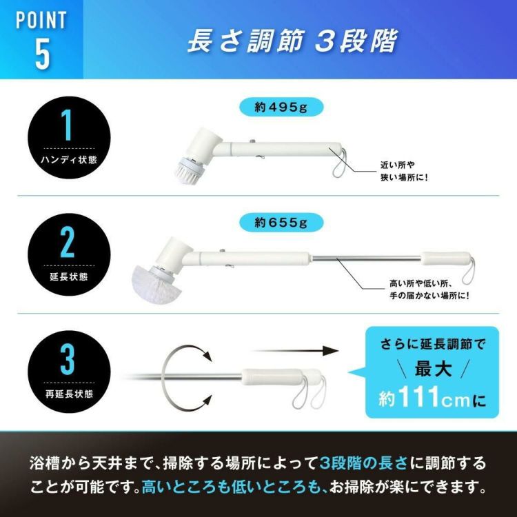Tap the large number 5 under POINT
pyautogui.click(x=42, y=56)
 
